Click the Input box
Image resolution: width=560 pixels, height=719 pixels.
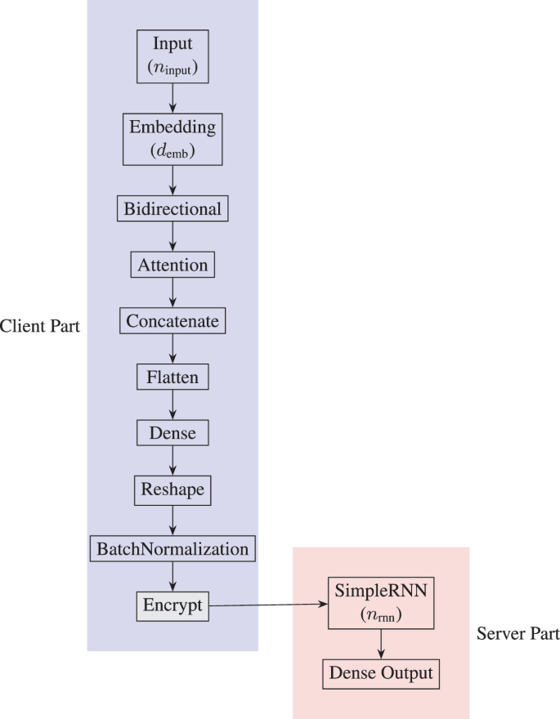click(x=172, y=56)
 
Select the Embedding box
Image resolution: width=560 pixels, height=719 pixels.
click(x=172, y=140)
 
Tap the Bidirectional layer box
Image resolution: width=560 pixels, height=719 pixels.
click(x=172, y=209)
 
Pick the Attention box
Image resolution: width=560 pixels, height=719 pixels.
click(x=172, y=266)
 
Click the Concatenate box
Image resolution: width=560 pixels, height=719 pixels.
click(x=172, y=321)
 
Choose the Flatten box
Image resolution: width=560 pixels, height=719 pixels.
click(x=172, y=377)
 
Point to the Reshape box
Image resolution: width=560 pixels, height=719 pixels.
click(x=172, y=490)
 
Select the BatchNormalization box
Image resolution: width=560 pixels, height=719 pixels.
click(x=172, y=548)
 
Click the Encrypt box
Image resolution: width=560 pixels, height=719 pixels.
click(x=172, y=606)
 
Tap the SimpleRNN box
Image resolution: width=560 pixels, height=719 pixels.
click(x=381, y=605)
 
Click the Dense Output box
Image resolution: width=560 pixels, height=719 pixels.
click(x=381, y=675)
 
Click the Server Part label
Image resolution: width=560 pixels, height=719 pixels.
click(x=518, y=634)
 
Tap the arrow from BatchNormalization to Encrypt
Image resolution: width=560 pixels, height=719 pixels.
click(x=172, y=577)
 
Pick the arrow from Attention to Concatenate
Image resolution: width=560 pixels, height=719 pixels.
click(x=172, y=293)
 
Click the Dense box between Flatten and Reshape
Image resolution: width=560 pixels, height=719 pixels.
click(x=172, y=433)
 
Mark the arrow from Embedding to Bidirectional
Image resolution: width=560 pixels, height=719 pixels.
click(x=172, y=180)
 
